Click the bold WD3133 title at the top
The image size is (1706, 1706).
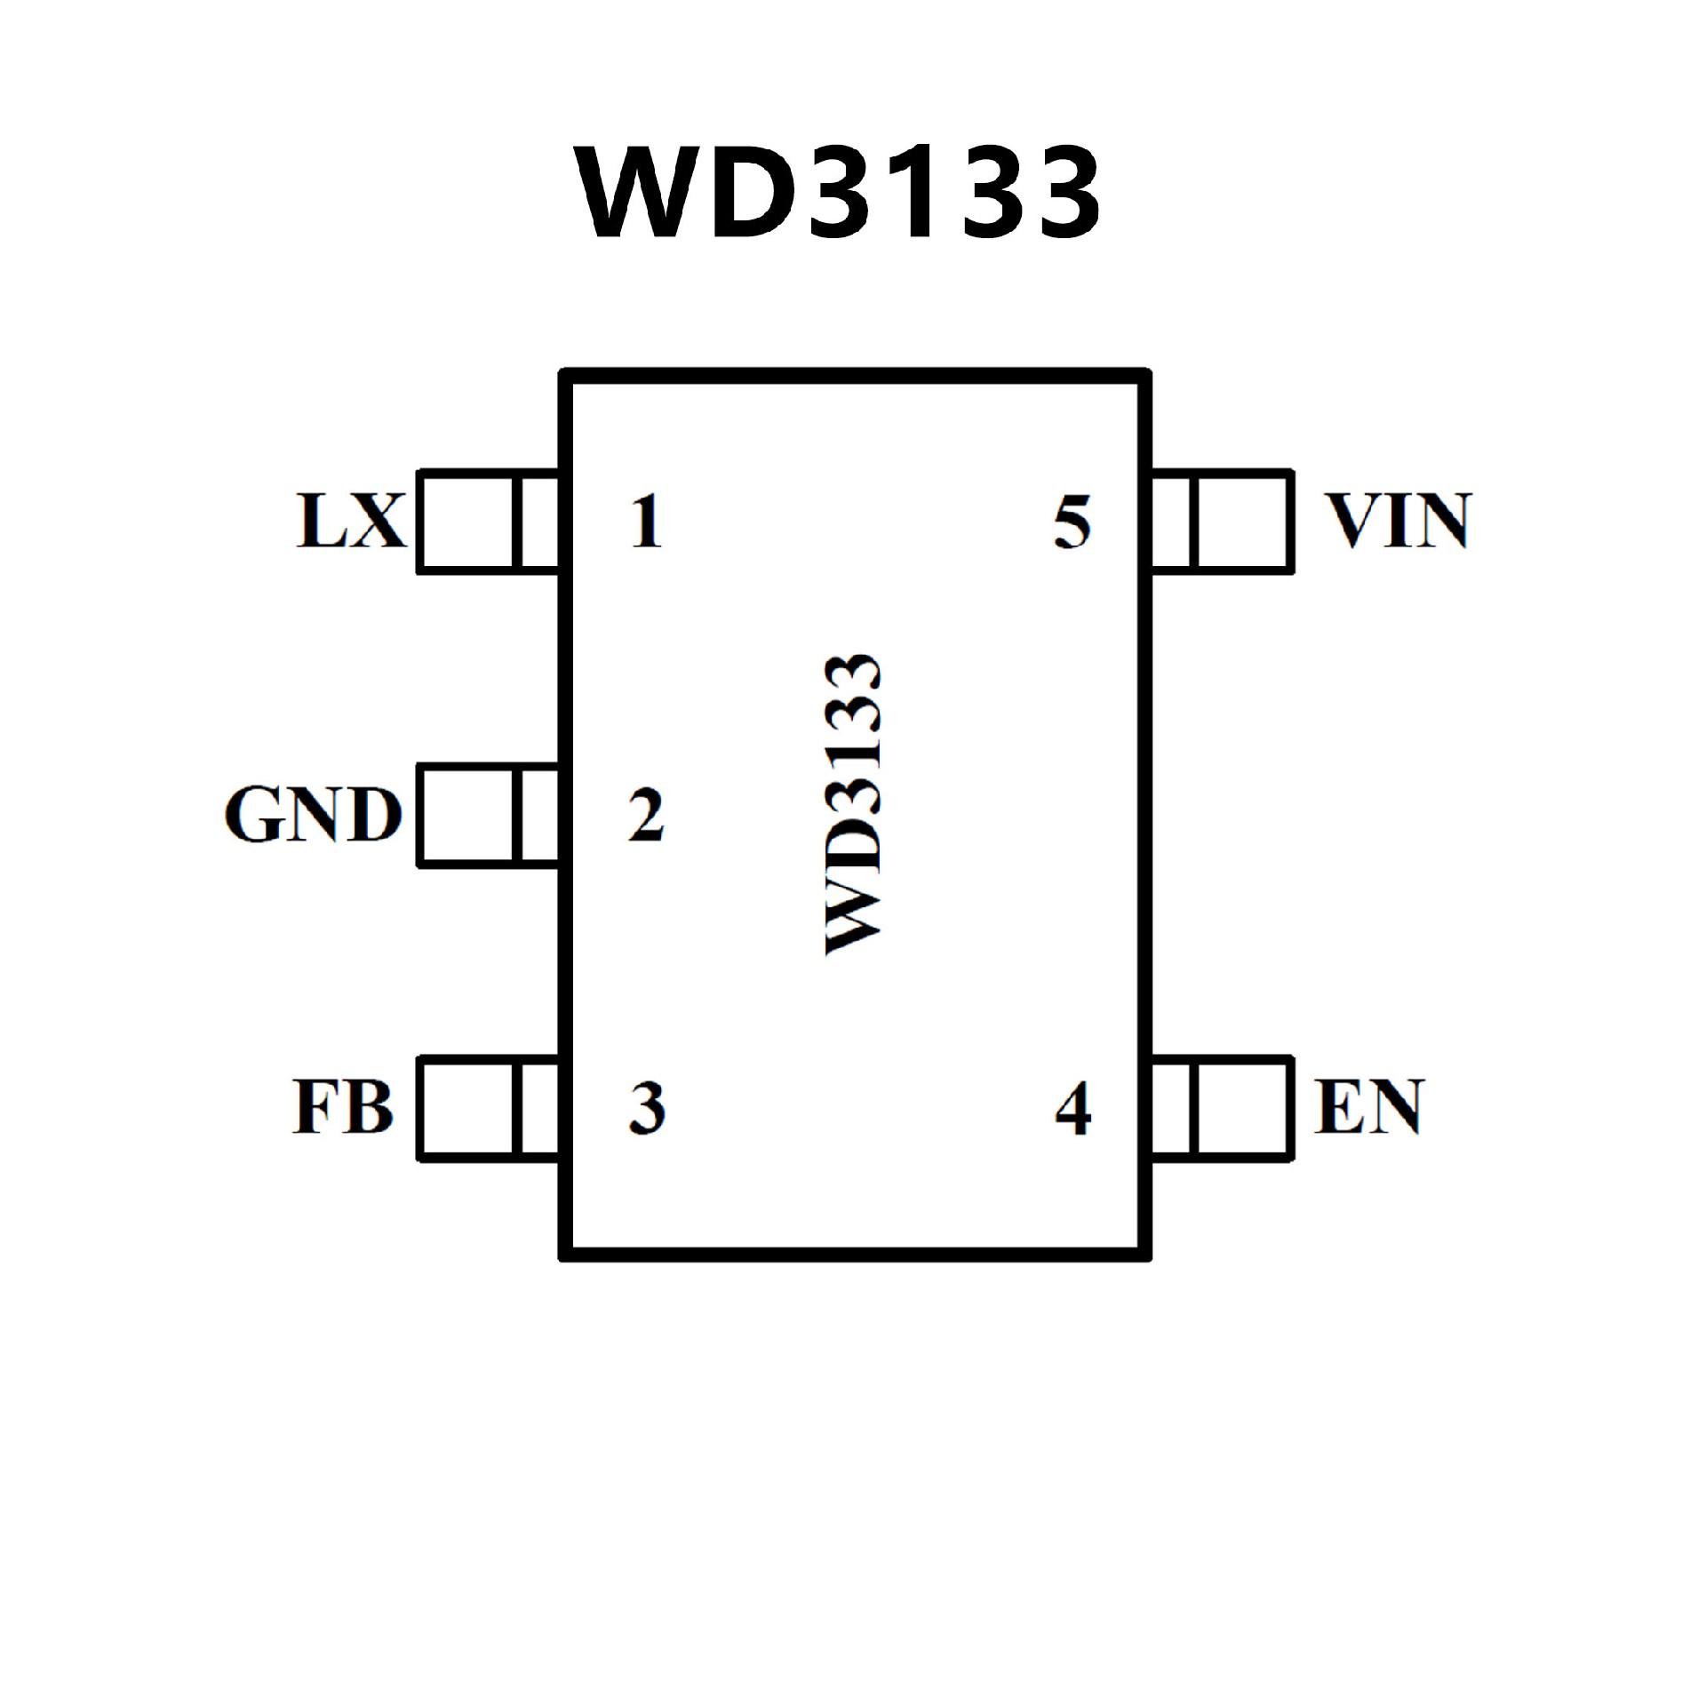coord(839,193)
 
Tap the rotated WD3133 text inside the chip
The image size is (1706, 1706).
coord(854,804)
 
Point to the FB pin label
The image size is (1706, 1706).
coord(343,1107)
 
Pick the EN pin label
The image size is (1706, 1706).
coord(1369,1107)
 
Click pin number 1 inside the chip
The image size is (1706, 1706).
coord(647,522)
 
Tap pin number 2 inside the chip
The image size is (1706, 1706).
coord(646,815)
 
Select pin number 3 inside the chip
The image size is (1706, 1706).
coord(647,1108)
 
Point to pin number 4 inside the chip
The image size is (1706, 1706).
coord(1072,1108)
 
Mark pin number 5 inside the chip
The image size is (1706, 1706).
coord(1072,522)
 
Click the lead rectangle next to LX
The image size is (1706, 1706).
coord(488,522)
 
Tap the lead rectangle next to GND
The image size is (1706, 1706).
coord(488,815)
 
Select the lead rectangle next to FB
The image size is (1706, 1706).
coord(488,1108)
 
